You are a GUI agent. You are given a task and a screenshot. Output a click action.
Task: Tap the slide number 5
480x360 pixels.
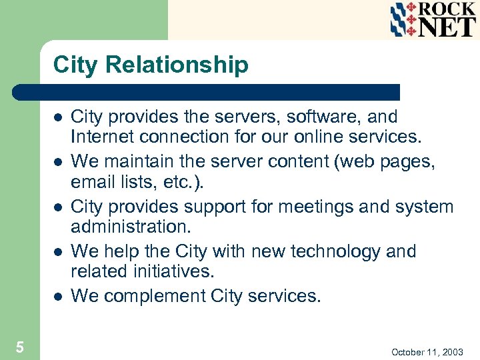coord(20,347)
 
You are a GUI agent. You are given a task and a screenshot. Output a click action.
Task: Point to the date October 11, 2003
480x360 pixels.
coord(427,351)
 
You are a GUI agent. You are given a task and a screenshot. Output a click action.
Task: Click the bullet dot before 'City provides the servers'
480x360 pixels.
coord(58,117)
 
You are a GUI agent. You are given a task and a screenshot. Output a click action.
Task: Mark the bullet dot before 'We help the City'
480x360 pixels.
coord(58,252)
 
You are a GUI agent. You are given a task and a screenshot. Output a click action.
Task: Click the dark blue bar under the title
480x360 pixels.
coord(207,92)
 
